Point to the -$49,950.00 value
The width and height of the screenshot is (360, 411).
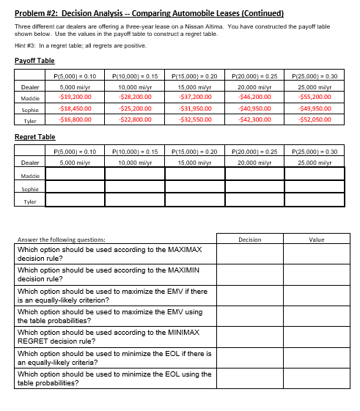(x=315, y=107)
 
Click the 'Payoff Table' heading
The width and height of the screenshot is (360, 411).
(x=34, y=60)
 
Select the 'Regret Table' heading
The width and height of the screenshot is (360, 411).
(x=35, y=137)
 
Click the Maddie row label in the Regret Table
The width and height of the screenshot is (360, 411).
(x=30, y=176)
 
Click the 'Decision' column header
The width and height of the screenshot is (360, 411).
(x=249, y=239)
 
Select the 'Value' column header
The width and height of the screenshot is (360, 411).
(x=316, y=239)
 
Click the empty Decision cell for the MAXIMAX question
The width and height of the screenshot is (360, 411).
(x=249, y=253)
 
